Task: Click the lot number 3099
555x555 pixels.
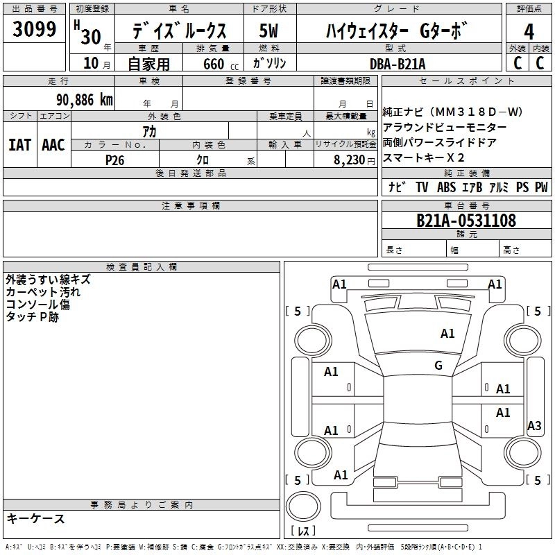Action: tap(35, 30)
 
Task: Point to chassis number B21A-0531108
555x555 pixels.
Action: tap(466, 221)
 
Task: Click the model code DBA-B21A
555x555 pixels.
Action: tap(398, 64)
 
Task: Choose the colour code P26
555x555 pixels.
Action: tap(114, 160)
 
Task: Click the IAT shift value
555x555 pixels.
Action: tap(19, 145)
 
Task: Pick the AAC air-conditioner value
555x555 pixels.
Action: tap(53, 145)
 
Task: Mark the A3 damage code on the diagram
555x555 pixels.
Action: tap(534, 426)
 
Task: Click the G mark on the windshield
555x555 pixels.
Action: tap(438, 366)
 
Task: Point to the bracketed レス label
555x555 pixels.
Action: tap(303, 531)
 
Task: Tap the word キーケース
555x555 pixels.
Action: tap(35, 519)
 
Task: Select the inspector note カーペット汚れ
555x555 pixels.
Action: tap(42, 292)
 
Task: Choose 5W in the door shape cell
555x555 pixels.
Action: tap(270, 31)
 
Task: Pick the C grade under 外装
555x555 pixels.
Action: tap(517, 62)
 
